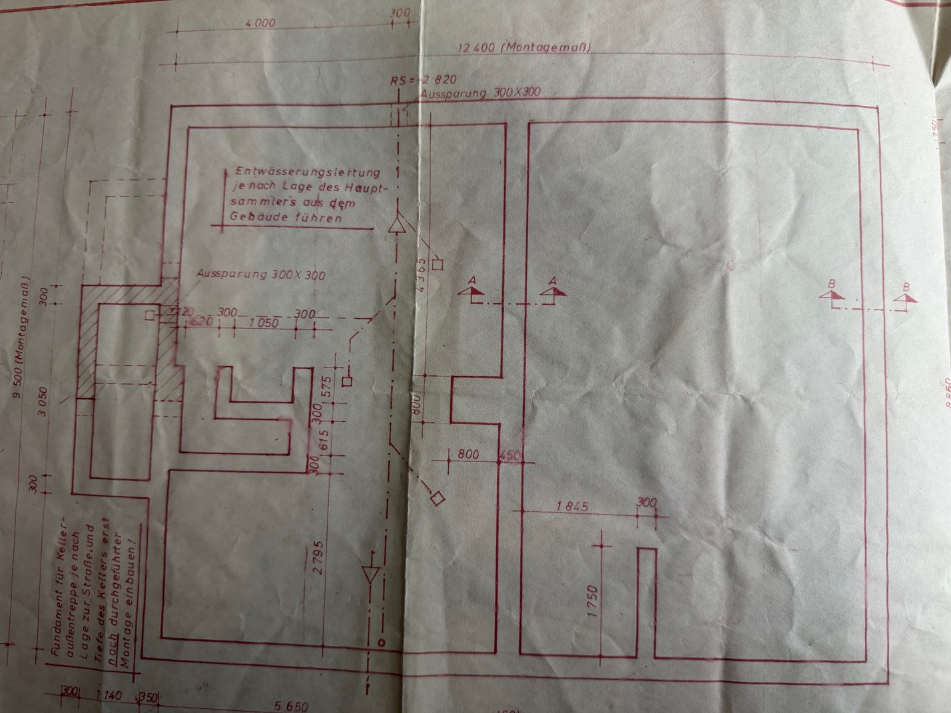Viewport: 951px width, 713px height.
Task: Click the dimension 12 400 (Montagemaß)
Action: pyautogui.click(x=525, y=48)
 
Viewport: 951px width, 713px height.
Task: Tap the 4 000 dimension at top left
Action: pyautogui.click(x=260, y=23)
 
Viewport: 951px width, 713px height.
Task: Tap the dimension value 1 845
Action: pyautogui.click(x=572, y=506)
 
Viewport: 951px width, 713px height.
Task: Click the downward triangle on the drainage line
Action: pyautogui.click(x=371, y=575)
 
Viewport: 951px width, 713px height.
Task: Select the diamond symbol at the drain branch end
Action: pyautogui.click(x=438, y=498)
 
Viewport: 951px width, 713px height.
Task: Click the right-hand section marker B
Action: pyautogui.click(x=905, y=297)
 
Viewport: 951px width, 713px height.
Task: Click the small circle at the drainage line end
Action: pyautogui.click(x=382, y=642)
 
